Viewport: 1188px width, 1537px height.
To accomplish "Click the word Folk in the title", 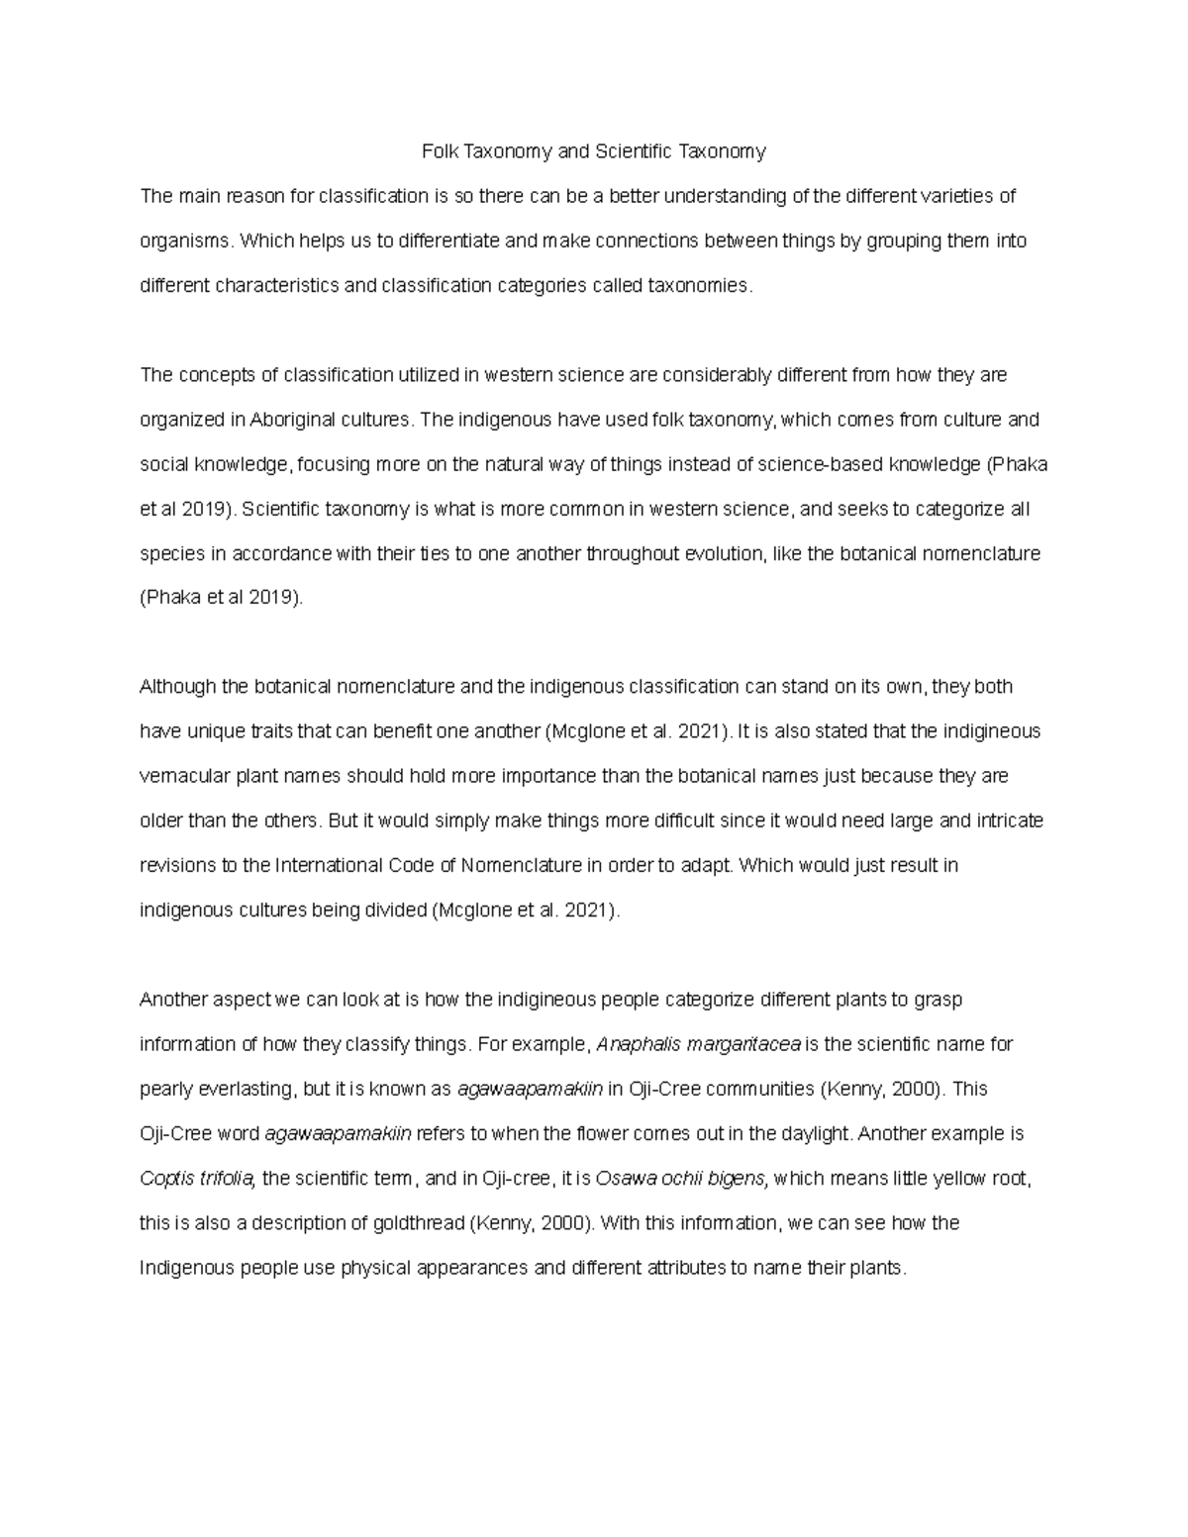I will tap(439, 151).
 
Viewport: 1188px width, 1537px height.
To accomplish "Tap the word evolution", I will tap(725, 554).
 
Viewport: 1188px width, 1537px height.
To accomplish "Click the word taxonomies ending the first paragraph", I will tap(699, 286).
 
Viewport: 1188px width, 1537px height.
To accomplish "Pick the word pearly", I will tap(165, 1090).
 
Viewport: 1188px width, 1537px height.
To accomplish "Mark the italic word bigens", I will tap(741, 1179).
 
